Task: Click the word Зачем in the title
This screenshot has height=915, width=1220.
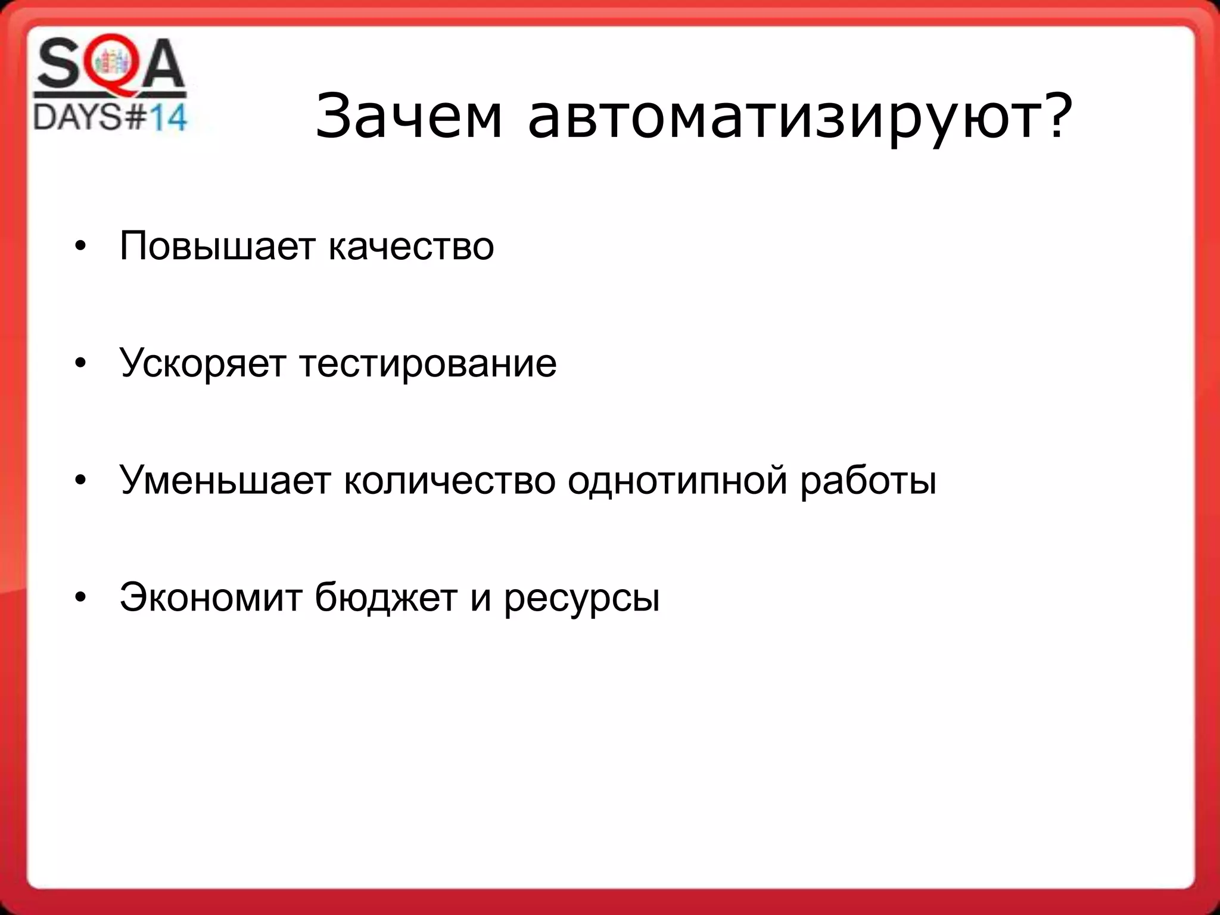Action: point(409,117)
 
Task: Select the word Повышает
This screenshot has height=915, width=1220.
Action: point(216,246)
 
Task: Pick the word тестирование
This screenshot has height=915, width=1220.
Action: point(428,363)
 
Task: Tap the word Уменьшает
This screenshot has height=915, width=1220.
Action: point(225,480)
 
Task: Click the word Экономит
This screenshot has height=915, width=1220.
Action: point(211,597)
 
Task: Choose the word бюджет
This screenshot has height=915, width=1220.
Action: point(386,597)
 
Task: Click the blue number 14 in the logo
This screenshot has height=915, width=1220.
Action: point(167,118)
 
